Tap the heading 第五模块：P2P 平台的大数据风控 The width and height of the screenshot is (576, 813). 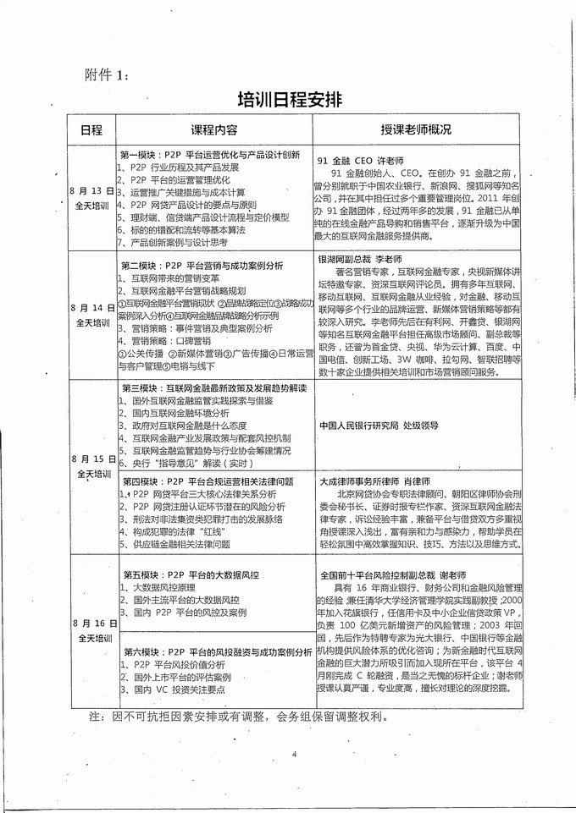(191, 574)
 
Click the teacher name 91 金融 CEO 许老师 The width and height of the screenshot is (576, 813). (361, 160)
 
